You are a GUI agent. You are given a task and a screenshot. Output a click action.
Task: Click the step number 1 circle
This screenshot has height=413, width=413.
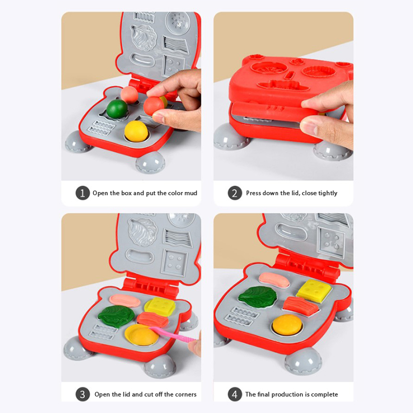(x=83, y=193)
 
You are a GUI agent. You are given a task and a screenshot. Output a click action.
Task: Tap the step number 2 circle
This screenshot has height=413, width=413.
(x=235, y=193)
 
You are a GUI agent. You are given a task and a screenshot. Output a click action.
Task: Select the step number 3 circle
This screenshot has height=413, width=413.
(x=83, y=394)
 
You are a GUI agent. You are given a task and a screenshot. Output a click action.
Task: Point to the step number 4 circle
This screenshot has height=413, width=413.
(x=235, y=394)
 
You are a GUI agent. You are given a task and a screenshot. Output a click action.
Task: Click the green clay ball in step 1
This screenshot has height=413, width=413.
(x=117, y=109)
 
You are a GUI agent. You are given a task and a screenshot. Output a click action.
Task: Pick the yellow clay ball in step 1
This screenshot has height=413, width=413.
(x=136, y=131)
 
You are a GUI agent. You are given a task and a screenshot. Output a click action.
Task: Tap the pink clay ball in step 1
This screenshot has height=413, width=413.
(x=129, y=94)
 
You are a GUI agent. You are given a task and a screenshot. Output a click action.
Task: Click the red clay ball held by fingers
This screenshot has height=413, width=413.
(x=153, y=106)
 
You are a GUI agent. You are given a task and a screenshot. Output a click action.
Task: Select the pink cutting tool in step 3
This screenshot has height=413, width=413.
(x=174, y=334)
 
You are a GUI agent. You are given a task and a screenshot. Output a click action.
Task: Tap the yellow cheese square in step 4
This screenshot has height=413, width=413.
(x=313, y=289)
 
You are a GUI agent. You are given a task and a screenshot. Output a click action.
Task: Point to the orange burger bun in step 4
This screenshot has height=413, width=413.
(x=287, y=325)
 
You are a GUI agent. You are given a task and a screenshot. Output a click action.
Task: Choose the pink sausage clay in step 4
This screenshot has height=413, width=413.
(x=274, y=279)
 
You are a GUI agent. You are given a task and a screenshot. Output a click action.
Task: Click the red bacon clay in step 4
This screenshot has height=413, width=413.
(x=300, y=306)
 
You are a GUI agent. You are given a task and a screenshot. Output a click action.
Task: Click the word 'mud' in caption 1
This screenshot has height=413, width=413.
(x=190, y=193)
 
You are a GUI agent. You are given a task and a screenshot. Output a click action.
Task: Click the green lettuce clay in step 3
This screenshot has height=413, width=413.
(x=116, y=316)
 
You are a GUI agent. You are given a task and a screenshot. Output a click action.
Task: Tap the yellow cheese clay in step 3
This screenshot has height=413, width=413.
(x=160, y=307)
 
